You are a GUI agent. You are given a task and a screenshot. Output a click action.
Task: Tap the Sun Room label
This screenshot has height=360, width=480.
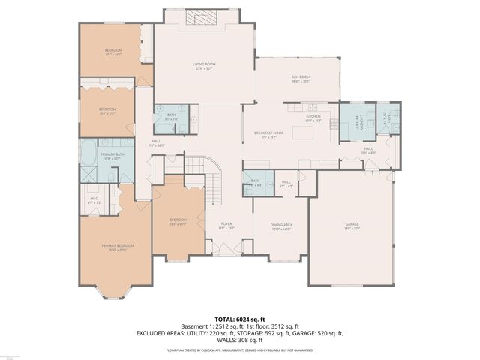(x=301, y=79)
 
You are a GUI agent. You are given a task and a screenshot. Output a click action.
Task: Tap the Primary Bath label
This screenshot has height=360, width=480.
(x=112, y=156)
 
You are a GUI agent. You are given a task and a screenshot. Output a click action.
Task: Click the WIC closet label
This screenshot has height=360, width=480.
(x=94, y=201)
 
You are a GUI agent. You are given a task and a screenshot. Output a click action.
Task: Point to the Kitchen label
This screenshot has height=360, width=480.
(x=313, y=118)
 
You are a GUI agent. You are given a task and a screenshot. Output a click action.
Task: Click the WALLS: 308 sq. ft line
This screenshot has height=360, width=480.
(x=240, y=340)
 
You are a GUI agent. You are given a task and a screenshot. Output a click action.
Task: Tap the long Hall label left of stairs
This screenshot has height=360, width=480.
(x=156, y=142)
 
